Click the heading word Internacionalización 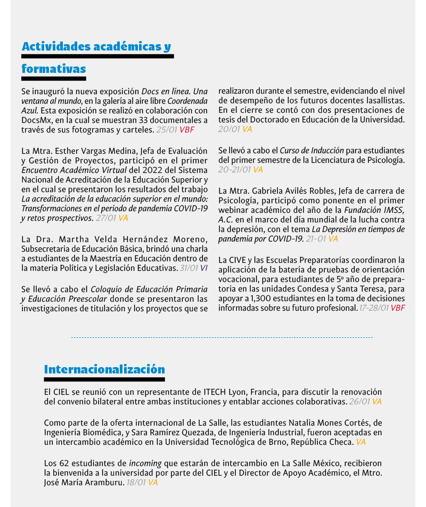point(104,369)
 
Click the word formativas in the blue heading point(54,69)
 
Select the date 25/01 point(167,129)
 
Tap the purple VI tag point(204,268)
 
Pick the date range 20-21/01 point(234,170)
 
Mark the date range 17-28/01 point(374,308)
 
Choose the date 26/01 point(359,402)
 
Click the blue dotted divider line point(222,337)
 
